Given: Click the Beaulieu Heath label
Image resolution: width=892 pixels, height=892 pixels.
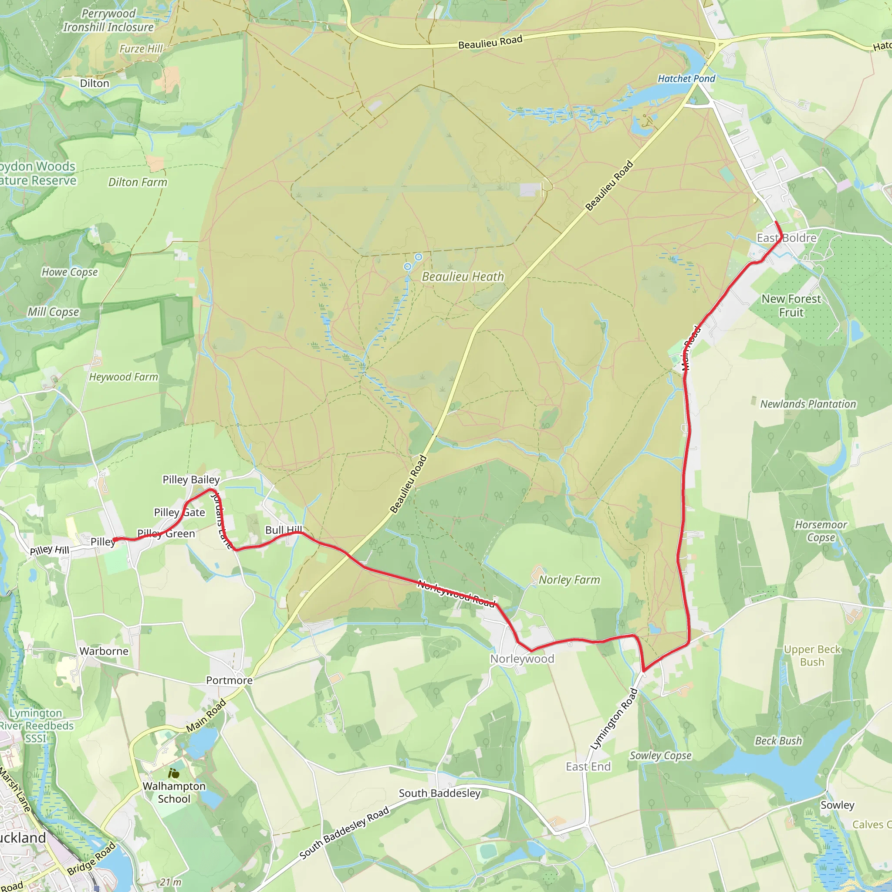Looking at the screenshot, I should (x=463, y=277).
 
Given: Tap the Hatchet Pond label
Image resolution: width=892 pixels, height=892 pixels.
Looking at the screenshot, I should (x=686, y=78).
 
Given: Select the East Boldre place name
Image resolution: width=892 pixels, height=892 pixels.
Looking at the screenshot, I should (x=786, y=238).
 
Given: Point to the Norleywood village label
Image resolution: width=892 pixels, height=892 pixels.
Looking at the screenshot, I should (x=522, y=659).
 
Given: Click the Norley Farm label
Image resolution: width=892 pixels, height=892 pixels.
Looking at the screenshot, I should (x=569, y=579).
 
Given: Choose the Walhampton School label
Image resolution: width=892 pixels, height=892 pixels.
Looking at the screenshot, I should (x=174, y=792).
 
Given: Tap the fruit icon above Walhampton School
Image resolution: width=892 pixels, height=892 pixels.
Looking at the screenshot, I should (x=174, y=774).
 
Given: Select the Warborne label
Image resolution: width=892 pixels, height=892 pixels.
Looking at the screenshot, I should (x=104, y=651).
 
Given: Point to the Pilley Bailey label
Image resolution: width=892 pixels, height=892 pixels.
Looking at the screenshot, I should (x=191, y=480).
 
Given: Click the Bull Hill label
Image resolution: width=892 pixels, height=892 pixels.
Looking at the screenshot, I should (x=284, y=530).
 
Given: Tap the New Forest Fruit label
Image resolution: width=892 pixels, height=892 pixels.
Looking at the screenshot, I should (x=791, y=306).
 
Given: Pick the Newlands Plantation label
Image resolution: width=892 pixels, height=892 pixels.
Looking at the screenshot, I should (x=808, y=404).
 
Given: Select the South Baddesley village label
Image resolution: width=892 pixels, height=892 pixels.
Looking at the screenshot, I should (x=439, y=793).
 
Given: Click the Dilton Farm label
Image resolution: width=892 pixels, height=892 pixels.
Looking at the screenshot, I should (x=138, y=182).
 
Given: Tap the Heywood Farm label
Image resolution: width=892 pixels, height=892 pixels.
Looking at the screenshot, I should (x=123, y=377).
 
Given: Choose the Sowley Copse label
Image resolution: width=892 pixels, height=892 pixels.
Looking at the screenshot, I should (x=661, y=756).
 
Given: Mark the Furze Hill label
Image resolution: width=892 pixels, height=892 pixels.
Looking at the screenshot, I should (x=141, y=49).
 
